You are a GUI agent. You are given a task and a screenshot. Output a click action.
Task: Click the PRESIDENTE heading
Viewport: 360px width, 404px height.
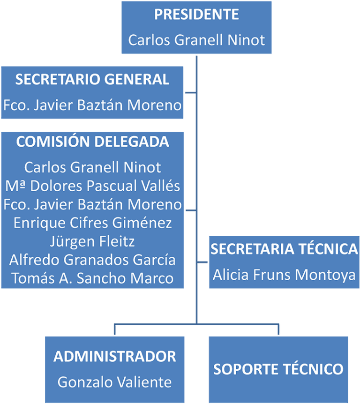[x=196, y=15]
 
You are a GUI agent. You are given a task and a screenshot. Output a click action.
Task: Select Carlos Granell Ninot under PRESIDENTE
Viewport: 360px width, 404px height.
[x=196, y=40]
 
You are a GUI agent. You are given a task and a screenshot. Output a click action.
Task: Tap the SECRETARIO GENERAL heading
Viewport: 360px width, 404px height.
[x=92, y=80]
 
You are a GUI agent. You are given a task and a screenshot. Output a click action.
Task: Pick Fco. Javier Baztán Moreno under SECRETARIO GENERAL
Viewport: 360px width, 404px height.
[x=92, y=105]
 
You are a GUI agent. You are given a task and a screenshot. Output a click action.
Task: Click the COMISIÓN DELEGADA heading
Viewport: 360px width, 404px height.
[x=92, y=142]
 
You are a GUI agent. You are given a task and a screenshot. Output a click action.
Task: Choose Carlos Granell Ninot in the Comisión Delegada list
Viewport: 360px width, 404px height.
[x=92, y=167]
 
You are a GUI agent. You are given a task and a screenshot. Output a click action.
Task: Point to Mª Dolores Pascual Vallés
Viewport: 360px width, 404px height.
[x=92, y=186]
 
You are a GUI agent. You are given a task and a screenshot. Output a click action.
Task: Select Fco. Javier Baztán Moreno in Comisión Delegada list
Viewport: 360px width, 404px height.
[x=92, y=204]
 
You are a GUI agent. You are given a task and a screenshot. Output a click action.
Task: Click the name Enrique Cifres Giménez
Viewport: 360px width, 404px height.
[x=92, y=223]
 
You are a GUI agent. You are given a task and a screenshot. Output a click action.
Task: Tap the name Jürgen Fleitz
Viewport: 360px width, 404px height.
[x=92, y=241]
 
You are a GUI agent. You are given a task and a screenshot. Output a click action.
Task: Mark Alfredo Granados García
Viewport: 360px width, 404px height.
[x=92, y=260]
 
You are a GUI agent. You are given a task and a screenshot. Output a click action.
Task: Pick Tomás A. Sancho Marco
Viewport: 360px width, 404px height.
[x=92, y=278]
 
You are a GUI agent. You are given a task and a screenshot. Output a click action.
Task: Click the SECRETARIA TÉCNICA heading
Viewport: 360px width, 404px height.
[x=284, y=249]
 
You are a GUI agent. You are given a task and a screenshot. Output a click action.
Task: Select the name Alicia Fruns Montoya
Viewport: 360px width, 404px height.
[x=284, y=274]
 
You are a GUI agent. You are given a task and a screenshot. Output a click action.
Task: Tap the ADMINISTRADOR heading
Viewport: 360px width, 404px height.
[x=115, y=356]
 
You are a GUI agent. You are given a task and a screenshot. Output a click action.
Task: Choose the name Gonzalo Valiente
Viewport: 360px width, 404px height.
[x=115, y=382]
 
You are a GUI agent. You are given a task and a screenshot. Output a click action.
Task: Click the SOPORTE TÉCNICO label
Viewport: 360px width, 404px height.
[x=278, y=369]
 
